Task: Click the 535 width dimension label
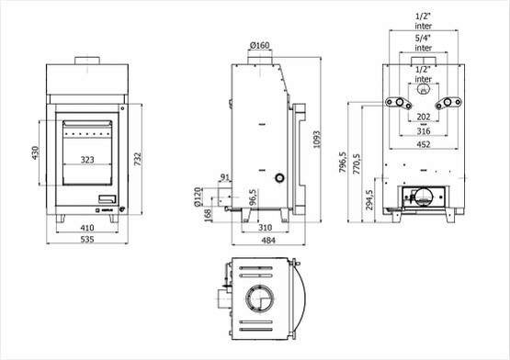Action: (x=87, y=240)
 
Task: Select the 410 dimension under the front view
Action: (x=87, y=228)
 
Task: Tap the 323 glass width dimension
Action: (x=87, y=160)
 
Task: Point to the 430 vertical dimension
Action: (x=35, y=152)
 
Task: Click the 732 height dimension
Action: (x=138, y=159)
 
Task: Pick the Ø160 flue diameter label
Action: (x=260, y=45)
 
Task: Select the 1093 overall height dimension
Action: (x=316, y=140)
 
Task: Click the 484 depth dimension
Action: (x=268, y=241)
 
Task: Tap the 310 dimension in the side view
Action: (x=265, y=228)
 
